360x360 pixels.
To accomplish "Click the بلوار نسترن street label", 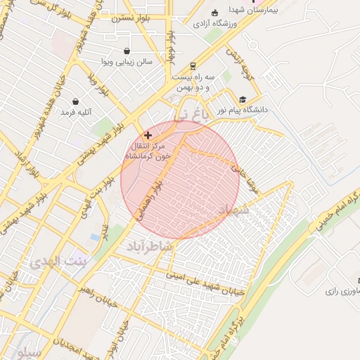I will click(x=131, y=18).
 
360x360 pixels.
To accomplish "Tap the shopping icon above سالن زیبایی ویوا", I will click(x=127, y=51).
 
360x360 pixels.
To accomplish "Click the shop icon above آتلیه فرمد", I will click(x=75, y=101).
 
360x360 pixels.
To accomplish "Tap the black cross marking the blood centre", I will click(x=148, y=134).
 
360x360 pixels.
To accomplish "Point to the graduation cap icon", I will click(x=243, y=101).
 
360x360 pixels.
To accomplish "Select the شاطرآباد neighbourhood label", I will click(x=149, y=247).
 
